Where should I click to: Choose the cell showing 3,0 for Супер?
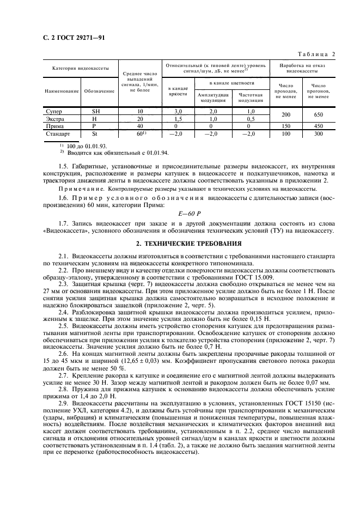(177, 111)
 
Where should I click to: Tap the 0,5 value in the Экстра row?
(251, 118)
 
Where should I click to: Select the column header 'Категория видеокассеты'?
(76, 68)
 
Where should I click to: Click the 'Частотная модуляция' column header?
(251, 98)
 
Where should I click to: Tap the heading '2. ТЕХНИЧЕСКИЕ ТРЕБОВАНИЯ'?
(180, 244)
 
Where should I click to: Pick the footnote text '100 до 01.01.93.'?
(88, 146)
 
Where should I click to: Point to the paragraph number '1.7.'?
(64, 223)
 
